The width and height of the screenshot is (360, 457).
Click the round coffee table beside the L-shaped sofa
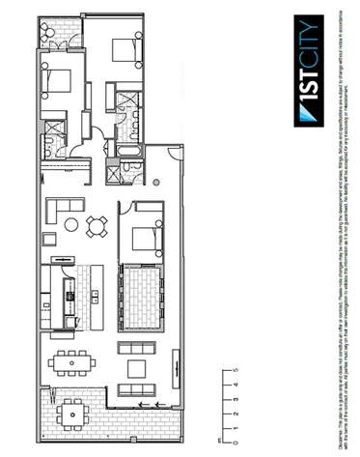70,225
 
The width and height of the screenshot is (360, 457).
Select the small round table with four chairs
96,226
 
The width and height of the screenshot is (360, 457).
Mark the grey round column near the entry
156,183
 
